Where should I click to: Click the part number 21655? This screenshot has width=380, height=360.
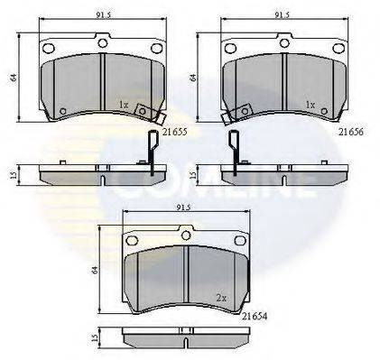coord(175,132)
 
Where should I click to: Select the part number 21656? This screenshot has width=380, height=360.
coord(351,132)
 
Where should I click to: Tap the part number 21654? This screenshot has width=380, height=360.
coord(255,316)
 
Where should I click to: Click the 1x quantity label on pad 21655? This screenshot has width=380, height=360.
coord(124,105)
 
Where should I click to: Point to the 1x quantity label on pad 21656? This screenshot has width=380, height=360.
coord(310,105)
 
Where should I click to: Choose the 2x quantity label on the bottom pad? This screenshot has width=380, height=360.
coord(221,298)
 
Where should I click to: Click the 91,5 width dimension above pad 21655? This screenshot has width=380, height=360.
coord(104,15)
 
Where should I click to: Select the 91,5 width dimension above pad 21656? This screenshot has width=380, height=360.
coord(282,15)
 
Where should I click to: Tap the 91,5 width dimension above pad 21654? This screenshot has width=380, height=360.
coord(184,208)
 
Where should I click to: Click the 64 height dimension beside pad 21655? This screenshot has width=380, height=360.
coord(14,78)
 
